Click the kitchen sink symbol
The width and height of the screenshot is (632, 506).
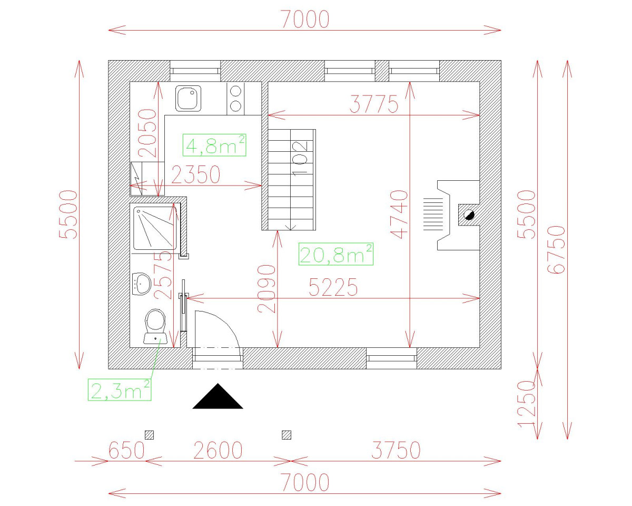pyautogui.click(x=188, y=99)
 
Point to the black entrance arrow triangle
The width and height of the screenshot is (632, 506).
pyautogui.click(x=218, y=397)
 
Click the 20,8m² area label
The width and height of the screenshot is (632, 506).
pyautogui.click(x=336, y=255)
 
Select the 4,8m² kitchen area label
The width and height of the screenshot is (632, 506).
pyautogui.click(x=215, y=145)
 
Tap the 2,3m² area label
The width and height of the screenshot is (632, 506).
pyautogui.click(x=120, y=390)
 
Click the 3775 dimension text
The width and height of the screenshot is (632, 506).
pyautogui.click(x=374, y=105)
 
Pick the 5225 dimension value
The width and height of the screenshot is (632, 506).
pyautogui.click(x=333, y=288)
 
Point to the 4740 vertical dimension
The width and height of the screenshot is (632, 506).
pyautogui.click(x=400, y=215)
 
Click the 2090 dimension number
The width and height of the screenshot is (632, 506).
pyautogui.click(x=268, y=289)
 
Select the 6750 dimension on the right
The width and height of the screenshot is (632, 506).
pyautogui.click(x=556, y=249)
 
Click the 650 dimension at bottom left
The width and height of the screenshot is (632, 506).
pyautogui.click(x=126, y=451)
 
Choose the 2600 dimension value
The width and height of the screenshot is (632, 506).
pyautogui.click(x=218, y=451)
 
